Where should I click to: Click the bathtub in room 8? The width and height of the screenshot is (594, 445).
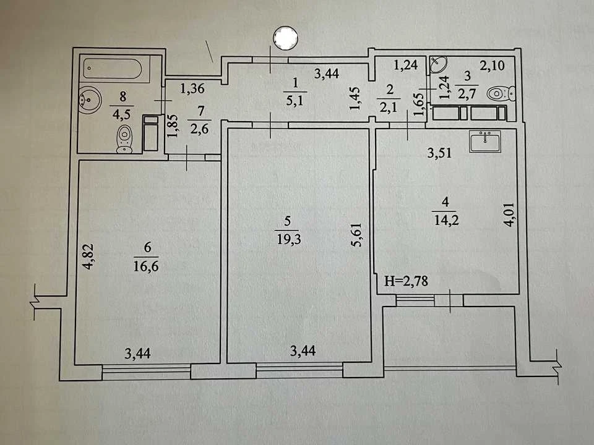(x=113, y=69)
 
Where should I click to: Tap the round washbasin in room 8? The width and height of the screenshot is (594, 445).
(x=90, y=100)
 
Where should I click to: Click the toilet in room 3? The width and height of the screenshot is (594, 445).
(x=501, y=93)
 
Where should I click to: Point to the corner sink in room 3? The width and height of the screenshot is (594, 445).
(x=438, y=65)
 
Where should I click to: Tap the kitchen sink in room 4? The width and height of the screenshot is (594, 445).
(x=485, y=141)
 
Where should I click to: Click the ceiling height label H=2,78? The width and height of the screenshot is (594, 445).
(x=406, y=281)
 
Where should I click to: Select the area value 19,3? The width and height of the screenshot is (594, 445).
(x=289, y=239)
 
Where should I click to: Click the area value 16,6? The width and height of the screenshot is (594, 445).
(x=146, y=266)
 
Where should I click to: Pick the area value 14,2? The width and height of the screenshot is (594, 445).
(x=446, y=220)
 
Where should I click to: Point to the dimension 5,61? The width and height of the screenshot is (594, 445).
(x=356, y=235)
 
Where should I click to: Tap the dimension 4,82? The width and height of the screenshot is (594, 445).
(x=88, y=256)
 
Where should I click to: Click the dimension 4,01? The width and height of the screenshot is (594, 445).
(x=509, y=214)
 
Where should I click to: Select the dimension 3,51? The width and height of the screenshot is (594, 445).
(x=439, y=153)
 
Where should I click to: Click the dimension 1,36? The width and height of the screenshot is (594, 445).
(x=192, y=88)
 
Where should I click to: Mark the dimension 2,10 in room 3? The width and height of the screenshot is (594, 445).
(x=492, y=66)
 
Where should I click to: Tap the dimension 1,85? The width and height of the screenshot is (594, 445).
(x=172, y=126)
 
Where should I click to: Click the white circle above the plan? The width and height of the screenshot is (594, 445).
(x=286, y=38)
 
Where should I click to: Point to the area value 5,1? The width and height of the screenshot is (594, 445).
(x=295, y=101)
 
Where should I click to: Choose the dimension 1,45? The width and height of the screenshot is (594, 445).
(x=355, y=99)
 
